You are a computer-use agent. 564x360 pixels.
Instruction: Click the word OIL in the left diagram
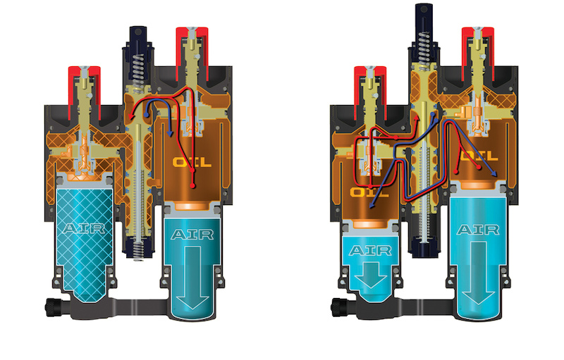[192, 163]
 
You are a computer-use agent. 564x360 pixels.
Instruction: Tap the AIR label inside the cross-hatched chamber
[84, 228]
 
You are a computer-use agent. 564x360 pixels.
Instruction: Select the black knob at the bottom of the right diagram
[339, 308]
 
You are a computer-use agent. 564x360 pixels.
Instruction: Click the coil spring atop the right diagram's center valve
[424, 46]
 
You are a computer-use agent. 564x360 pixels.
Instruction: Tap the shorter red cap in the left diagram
[84, 93]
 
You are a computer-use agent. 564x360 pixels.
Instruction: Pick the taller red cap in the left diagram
[192, 53]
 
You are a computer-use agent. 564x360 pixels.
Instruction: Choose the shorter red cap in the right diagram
[369, 93]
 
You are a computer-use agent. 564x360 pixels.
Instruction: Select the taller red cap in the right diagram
[478, 53]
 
